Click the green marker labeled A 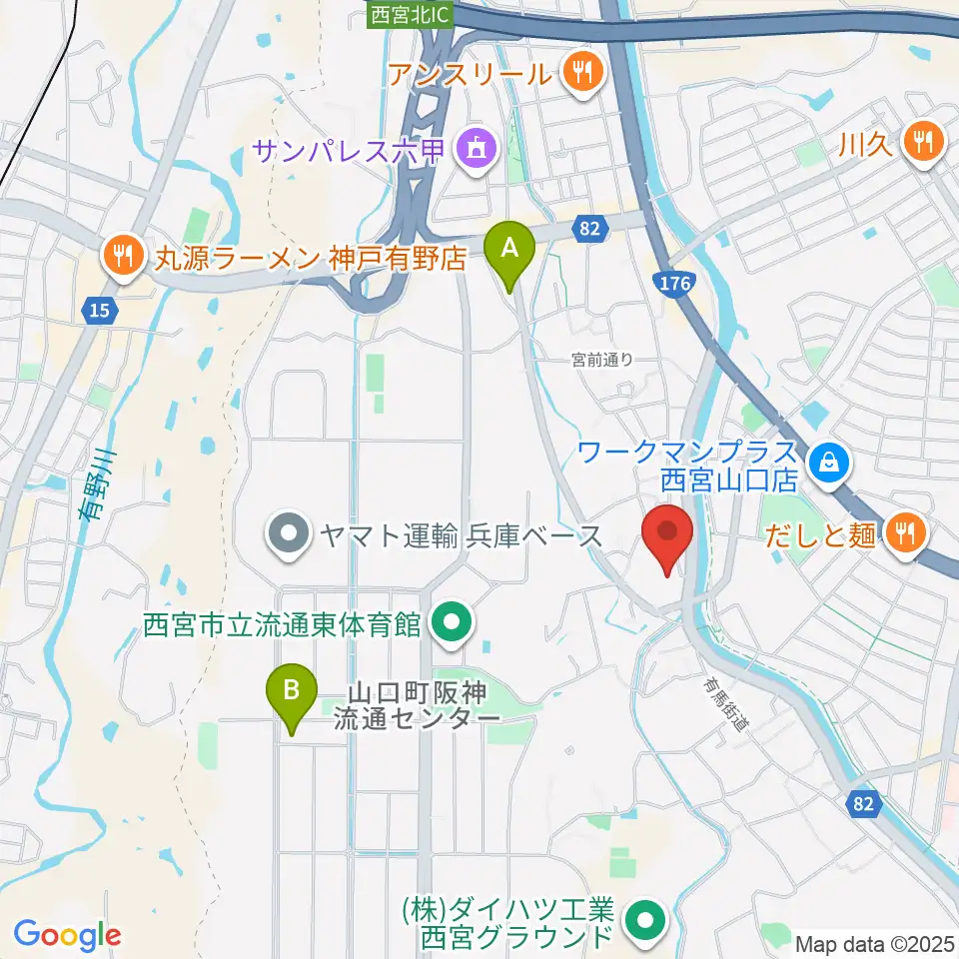click(509, 248)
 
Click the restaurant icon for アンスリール click(579, 72)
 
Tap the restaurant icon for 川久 click(920, 141)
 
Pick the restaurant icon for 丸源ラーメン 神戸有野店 click(123, 257)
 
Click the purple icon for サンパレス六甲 click(472, 151)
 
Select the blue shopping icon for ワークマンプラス click(828, 461)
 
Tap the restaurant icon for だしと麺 click(903, 533)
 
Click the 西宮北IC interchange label click(411, 14)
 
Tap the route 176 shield click(675, 285)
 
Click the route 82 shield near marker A click(590, 229)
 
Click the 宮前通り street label click(602, 360)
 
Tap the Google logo click(67, 935)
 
